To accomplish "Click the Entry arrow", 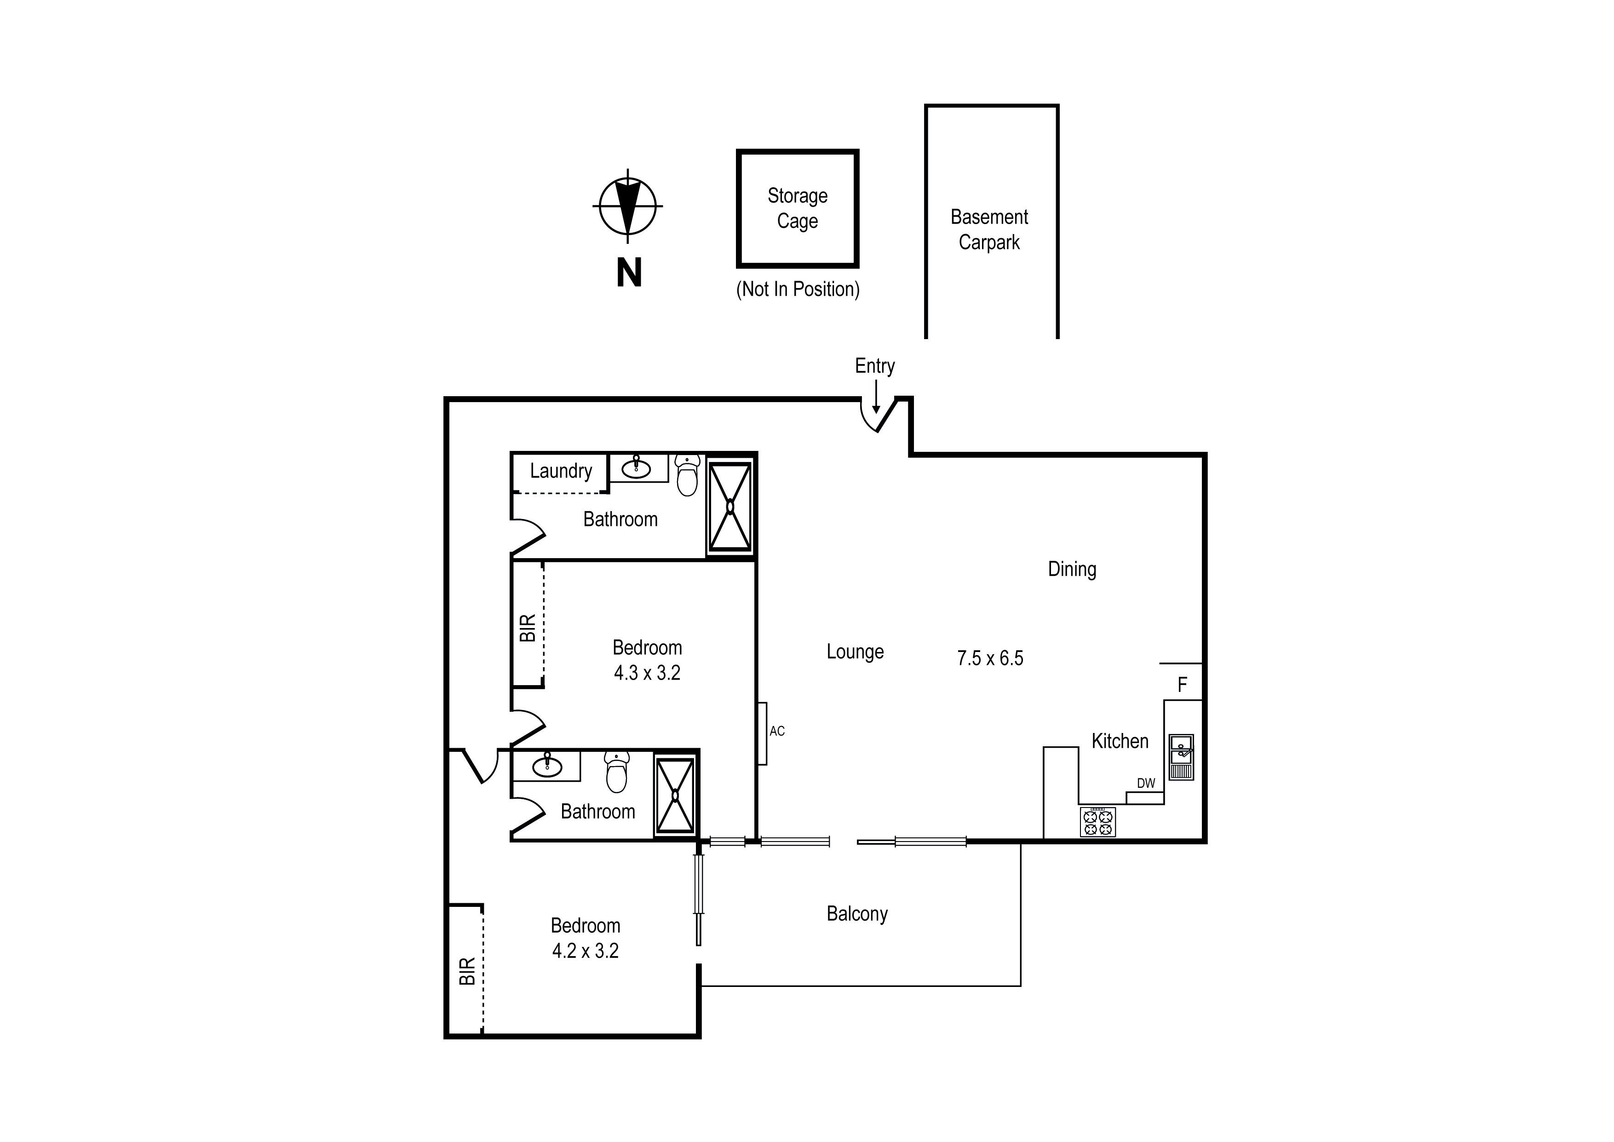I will pyautogui.click(x=876, y=398).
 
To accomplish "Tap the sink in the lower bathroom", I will pyautogui.click(x=547, y=767).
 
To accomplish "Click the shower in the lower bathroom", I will pyautogui.click(x=675, y=796).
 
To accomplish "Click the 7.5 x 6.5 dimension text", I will pyautogui.click(x=990, y=658).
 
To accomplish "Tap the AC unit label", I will pyautogui.click(x=777, y=731).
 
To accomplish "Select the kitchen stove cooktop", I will pyautogui.click(x=1097, y=822).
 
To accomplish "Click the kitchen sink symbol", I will pyautogui.click(x=1181, y=756).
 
